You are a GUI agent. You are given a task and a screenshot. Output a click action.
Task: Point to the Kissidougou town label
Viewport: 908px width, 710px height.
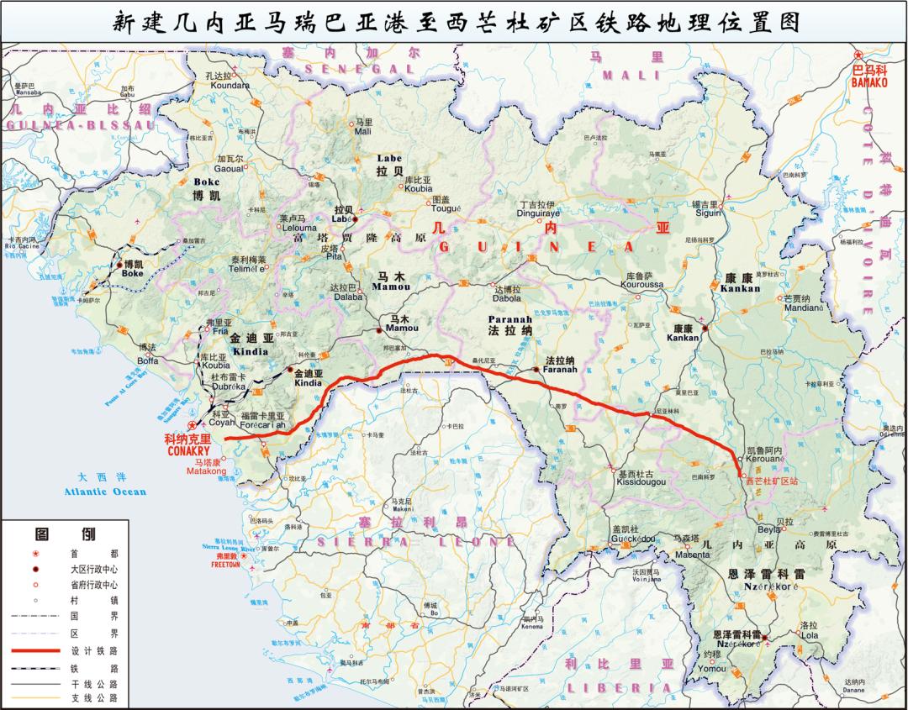click(641, 482)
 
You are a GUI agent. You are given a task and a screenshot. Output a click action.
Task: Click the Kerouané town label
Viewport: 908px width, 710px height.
click(764, 460)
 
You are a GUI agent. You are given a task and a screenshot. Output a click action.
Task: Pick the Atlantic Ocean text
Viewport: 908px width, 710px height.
click(111, 492)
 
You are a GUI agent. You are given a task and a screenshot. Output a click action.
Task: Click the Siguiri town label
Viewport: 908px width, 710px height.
click(707, 213)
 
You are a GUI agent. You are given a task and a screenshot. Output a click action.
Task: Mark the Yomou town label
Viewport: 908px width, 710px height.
click(710, 669)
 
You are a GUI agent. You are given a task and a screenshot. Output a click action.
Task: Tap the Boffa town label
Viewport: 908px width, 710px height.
click(148, 361)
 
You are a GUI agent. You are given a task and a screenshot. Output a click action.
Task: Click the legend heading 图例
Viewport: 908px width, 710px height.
click(64, 534)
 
